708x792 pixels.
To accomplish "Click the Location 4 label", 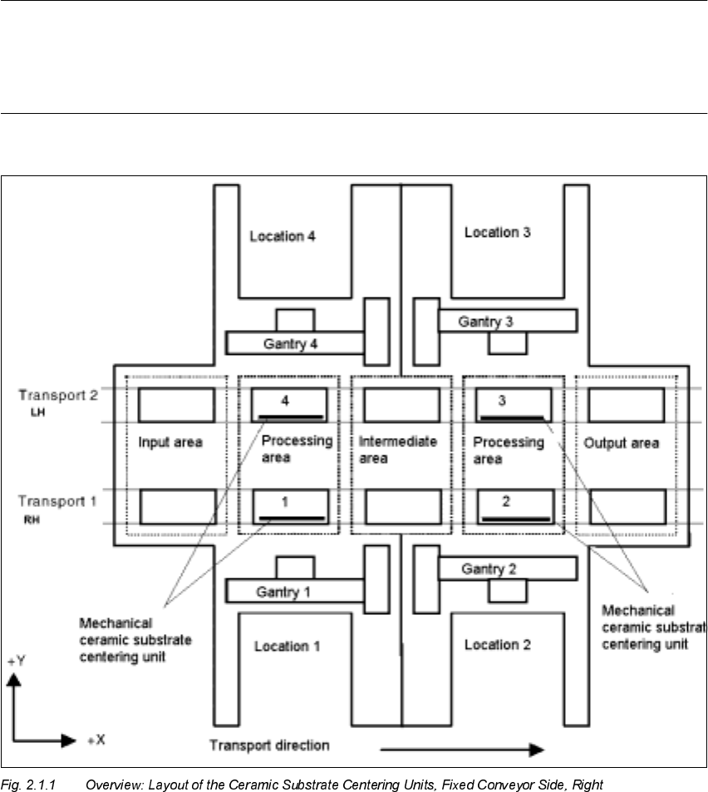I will coord(283,237).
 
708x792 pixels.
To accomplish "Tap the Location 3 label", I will coord(497,233).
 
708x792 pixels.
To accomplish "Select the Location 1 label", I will coord(287,646).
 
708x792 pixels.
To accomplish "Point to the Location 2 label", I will coord(497,644).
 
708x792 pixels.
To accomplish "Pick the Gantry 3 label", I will coord(491,322).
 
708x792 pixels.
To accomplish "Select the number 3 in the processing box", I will coord(502,401).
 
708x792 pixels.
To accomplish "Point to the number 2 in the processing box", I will coord(505,503).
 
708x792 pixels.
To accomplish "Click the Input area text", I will coord(170,443).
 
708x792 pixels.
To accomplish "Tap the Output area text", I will coord(621,443).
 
